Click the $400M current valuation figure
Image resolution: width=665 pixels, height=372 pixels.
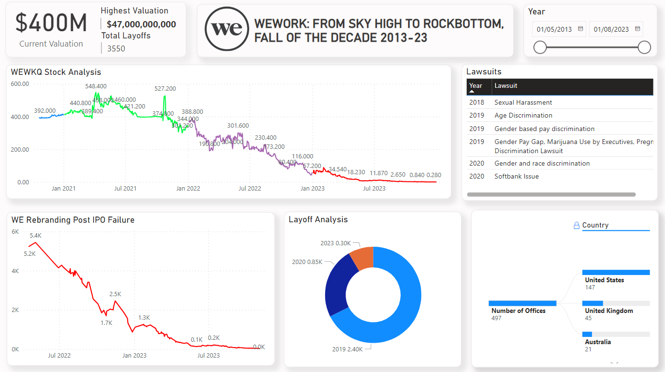click(51, 23)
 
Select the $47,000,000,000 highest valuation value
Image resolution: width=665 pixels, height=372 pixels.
click(141, 24)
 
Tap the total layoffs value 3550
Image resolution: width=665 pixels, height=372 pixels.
click(116, 48)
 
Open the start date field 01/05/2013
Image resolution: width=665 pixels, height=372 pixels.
click(554, 29)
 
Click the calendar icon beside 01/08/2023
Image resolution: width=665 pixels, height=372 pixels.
click(638, 29)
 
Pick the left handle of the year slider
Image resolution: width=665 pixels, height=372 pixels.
click(540, 47)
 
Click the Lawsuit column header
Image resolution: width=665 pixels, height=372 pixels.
click(506, 86)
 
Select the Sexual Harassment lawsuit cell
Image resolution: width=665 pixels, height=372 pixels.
click(523, 102)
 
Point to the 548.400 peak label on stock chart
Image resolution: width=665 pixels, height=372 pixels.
click(96, 86)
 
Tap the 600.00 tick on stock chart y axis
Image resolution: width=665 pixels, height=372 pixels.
click(20, 84)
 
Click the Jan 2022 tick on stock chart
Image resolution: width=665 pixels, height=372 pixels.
click(188, 189)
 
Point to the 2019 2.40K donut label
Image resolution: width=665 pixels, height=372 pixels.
click(347, 349)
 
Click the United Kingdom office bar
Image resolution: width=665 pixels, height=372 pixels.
click(592, 303)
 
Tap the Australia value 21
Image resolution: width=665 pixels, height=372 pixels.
click(588, 349)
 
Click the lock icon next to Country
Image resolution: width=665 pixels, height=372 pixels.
click(577, 225)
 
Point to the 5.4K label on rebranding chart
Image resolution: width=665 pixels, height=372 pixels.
click(36, 236)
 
